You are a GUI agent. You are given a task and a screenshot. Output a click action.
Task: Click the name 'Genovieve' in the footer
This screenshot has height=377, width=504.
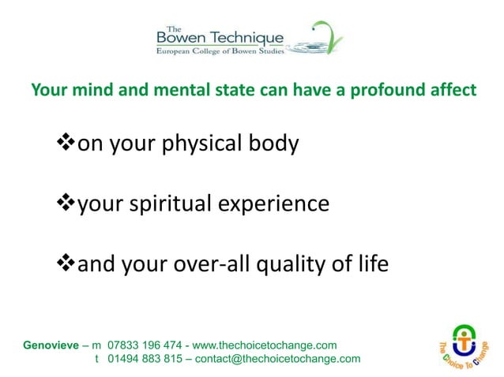coord(52,345)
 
